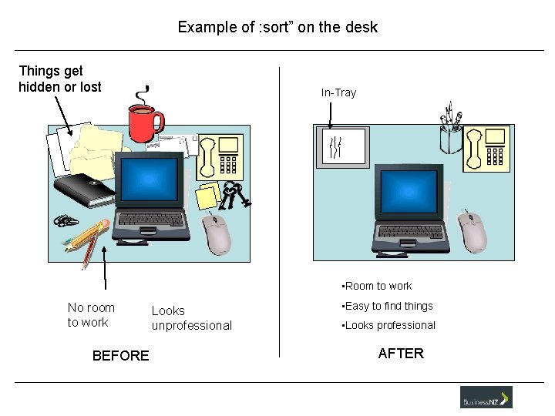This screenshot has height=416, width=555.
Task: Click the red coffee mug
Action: click(x=144, y=122)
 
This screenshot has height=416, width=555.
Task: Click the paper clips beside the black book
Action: click(x=66, y=221)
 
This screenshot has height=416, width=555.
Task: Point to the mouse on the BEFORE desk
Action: click(x=217, y=234)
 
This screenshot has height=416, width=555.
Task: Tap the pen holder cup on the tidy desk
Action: click(x=451, y=136)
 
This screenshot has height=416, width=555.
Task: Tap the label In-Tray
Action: click(x=338, y=92)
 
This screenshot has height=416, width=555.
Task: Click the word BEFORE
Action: click(x=120, y=355)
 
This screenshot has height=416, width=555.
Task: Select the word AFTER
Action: click(x=401, y=354)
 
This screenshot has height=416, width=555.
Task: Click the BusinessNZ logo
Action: click(x=486, y=398)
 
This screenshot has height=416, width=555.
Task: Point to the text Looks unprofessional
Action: click(x=191, y=318)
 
